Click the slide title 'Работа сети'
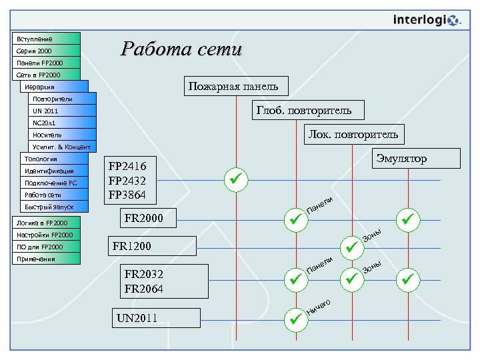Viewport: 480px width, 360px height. coord(181,49)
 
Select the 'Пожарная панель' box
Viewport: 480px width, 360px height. coord(229,86)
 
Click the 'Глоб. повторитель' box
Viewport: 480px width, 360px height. coord(301,110)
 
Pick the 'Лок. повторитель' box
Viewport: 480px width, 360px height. coord(353,135)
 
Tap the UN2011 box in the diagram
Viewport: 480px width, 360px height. coord(155,318)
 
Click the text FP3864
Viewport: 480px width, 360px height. coord(132,195)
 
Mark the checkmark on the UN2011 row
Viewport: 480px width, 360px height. coord(293,319)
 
